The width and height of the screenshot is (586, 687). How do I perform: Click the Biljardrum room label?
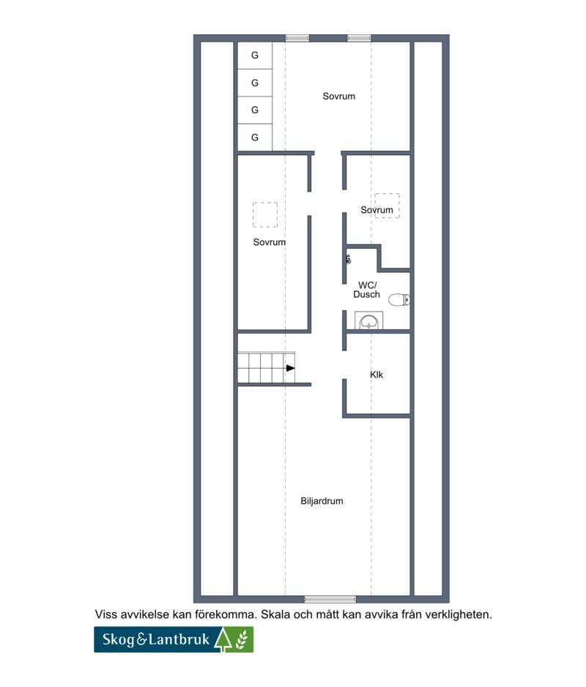pyautogui.click(x=322, y=500)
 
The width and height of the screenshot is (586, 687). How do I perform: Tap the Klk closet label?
pyautogui.click(x=377, y=375)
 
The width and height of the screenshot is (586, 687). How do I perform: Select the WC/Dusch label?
pyautogui.click(x=367, y=290)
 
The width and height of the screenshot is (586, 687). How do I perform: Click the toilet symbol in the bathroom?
pyautogui.click(x=399, y=300)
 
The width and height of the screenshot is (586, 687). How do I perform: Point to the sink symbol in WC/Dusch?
pyautogui.click(x=369, y=320)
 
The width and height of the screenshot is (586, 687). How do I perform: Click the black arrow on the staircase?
pyautogui.click(x=290, y=368)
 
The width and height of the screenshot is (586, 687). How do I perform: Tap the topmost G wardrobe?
pyautogui.click(x=255, y=55)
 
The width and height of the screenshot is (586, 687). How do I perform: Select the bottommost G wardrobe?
pyautogui.click(x=255, y=138)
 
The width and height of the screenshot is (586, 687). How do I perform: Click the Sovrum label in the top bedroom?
pyautogui.click(x=338, y=97)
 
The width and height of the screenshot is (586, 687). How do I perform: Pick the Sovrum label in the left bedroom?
pyautogui.click(x=270, y=242)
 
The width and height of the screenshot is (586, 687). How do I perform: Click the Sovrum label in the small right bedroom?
pyautogui.click(x=377, y=210)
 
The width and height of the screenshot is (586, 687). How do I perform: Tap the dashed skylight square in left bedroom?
pyautogui.click(x=265, y=214)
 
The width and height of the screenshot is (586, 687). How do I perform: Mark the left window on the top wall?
pyautogui.click(x=297, y=38)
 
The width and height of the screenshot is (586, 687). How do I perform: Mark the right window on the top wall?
pyautogui.click(x=359, y=38)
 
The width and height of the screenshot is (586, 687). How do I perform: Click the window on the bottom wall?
pyautogui.click(x=330, y=599)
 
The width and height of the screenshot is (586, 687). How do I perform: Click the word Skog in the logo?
pyautogui.click(x=119, y=639)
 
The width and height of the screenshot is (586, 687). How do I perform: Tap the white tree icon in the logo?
pyautogui.click(x=223, y=639)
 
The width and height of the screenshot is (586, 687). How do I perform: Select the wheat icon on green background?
pyautogui.click(x=242, y=639)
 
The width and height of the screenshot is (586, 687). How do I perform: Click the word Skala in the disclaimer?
pyautogui.click(x=275, y=615)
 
